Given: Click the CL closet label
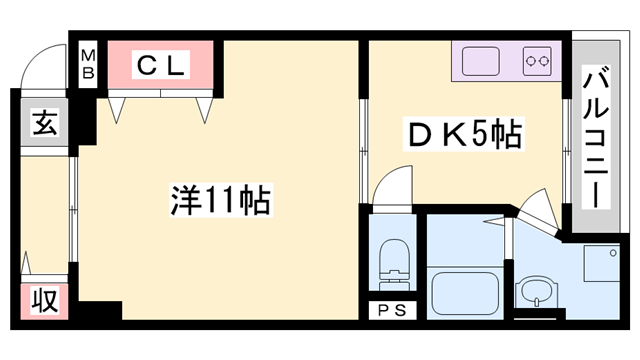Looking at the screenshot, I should coord(160,66).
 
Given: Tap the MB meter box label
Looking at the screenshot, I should coord(88,64).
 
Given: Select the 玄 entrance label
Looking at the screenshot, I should coord(46,125).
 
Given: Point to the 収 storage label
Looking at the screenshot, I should coord(45,301).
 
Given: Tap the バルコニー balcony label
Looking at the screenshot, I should coord(597,136).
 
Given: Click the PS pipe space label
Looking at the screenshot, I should coord(392,310).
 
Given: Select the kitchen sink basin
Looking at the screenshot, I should coord(481,61).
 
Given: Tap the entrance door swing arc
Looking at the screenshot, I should coord(44,63).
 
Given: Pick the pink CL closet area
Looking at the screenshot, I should coord(160,66).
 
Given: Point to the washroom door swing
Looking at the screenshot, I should coord(534,210).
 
